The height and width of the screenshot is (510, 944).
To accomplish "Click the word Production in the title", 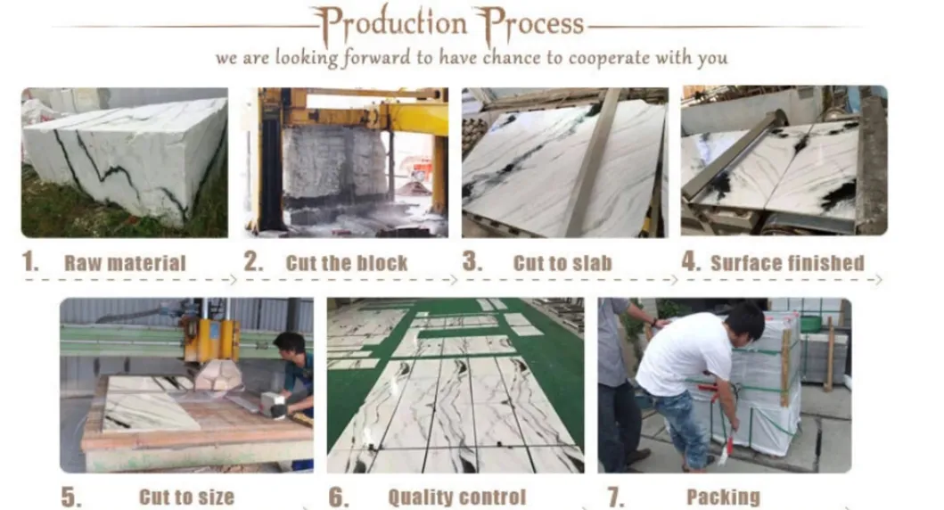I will (390, 24).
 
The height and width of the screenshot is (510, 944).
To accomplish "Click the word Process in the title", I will (529, 24).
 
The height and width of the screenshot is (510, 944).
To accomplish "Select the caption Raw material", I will (125, 263).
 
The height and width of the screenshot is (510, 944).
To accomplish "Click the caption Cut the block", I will (346, 263).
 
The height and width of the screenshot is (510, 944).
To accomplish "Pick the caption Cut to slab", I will (562, 263).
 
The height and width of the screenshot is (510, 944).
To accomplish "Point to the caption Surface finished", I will (787, 263).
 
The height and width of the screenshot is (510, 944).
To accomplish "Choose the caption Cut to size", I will (185, 497).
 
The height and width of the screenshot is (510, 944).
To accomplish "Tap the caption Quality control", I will (456, 497).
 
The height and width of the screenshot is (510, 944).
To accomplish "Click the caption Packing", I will (723, 497).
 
